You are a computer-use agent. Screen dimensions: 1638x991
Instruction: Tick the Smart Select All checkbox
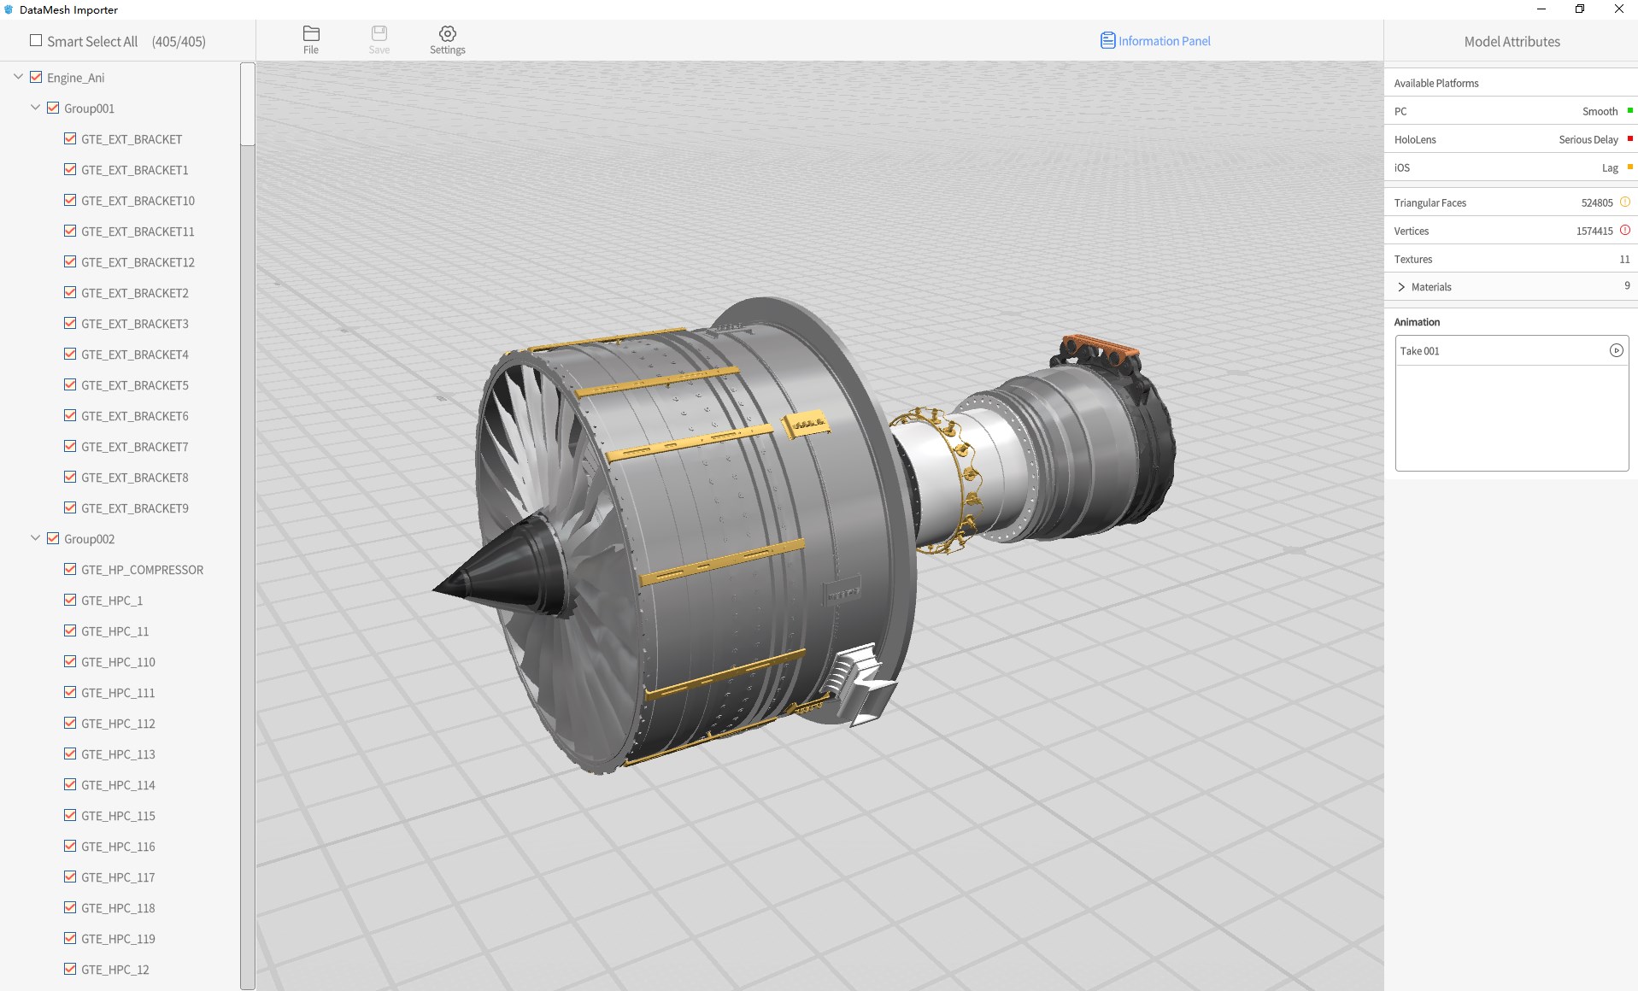[x=36, y=40]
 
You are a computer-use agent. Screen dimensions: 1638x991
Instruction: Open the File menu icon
[x=311, y=33]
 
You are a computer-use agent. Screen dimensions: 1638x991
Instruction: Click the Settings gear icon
[x=448, y=33]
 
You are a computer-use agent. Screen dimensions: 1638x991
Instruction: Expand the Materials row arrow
[x=1401, y=287]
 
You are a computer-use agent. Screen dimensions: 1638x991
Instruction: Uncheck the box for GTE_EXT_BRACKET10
[x=70, y=200]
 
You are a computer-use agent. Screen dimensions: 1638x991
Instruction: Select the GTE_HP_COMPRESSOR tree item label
[x=142, y=570]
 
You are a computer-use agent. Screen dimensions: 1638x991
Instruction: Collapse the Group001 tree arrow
[x=35, y=108]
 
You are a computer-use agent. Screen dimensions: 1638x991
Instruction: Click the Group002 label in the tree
[x=89, y=539]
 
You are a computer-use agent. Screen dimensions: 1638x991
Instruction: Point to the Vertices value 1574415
[x=1594, y=231]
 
